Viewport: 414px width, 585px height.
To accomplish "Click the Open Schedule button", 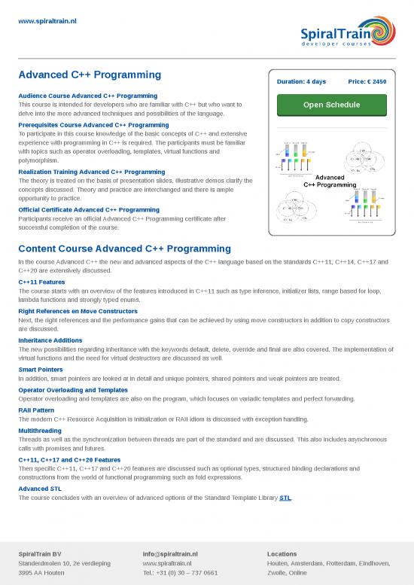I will pyautogui.click(x=331, y=105).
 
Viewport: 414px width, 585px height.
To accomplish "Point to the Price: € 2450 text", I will pyautogui.click(x=367, y=81).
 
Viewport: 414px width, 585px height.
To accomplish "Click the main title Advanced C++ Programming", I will pyautogui.click(x=90, y=75).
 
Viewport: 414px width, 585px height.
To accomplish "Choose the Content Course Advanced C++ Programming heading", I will pyautogui.click(x=125, y=248).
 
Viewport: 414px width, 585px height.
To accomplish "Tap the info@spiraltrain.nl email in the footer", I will pyautogui.click(x=170, y=554).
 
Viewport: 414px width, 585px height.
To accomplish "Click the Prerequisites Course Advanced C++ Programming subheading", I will pyautogui.click(x=88, y=124).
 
